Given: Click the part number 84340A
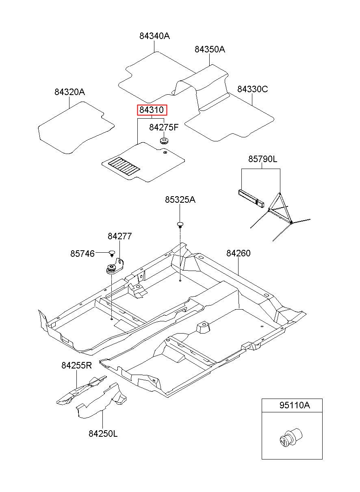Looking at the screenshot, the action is click(x=155, y=36).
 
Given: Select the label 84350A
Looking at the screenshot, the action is click(x=210, y=49).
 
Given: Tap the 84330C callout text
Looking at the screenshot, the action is click(x=252, y=89).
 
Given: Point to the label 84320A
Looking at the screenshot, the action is click(x=69, y=92).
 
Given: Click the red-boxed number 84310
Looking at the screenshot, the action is click(x=152, y=110).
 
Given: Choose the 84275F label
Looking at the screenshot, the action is click(x=164, y=127).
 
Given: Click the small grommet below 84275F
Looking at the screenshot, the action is click(x=164, y=141).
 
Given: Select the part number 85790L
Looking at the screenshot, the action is click(x=263, y=159).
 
